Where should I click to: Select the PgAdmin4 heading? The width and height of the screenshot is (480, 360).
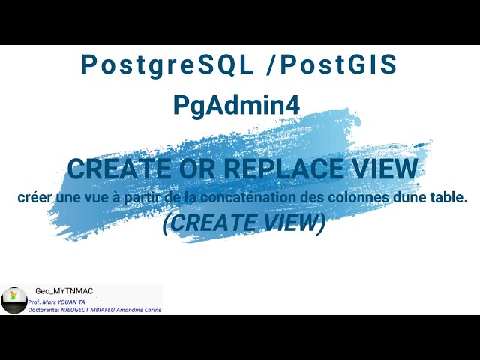click(x=237, y=105)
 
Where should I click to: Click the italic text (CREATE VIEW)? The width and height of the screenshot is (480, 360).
click(x=244, y=223)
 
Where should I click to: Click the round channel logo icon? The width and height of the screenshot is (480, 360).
click(x=13, y=300)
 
